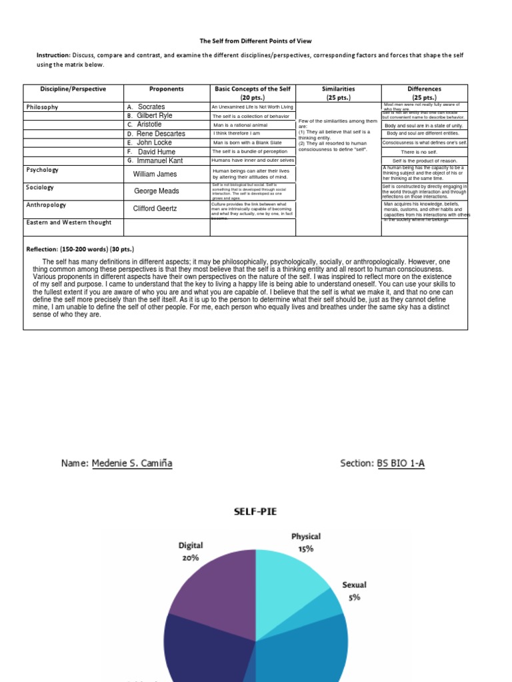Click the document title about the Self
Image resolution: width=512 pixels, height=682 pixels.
256,41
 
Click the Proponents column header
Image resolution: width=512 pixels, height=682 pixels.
167,89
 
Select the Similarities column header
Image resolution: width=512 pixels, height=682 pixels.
338,89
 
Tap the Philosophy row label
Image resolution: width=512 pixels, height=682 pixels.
42,107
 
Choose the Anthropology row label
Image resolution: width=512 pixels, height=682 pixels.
47,205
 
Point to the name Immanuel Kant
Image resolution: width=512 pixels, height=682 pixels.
160,161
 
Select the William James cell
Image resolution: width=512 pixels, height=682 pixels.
155,174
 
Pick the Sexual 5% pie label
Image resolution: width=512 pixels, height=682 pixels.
354,591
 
